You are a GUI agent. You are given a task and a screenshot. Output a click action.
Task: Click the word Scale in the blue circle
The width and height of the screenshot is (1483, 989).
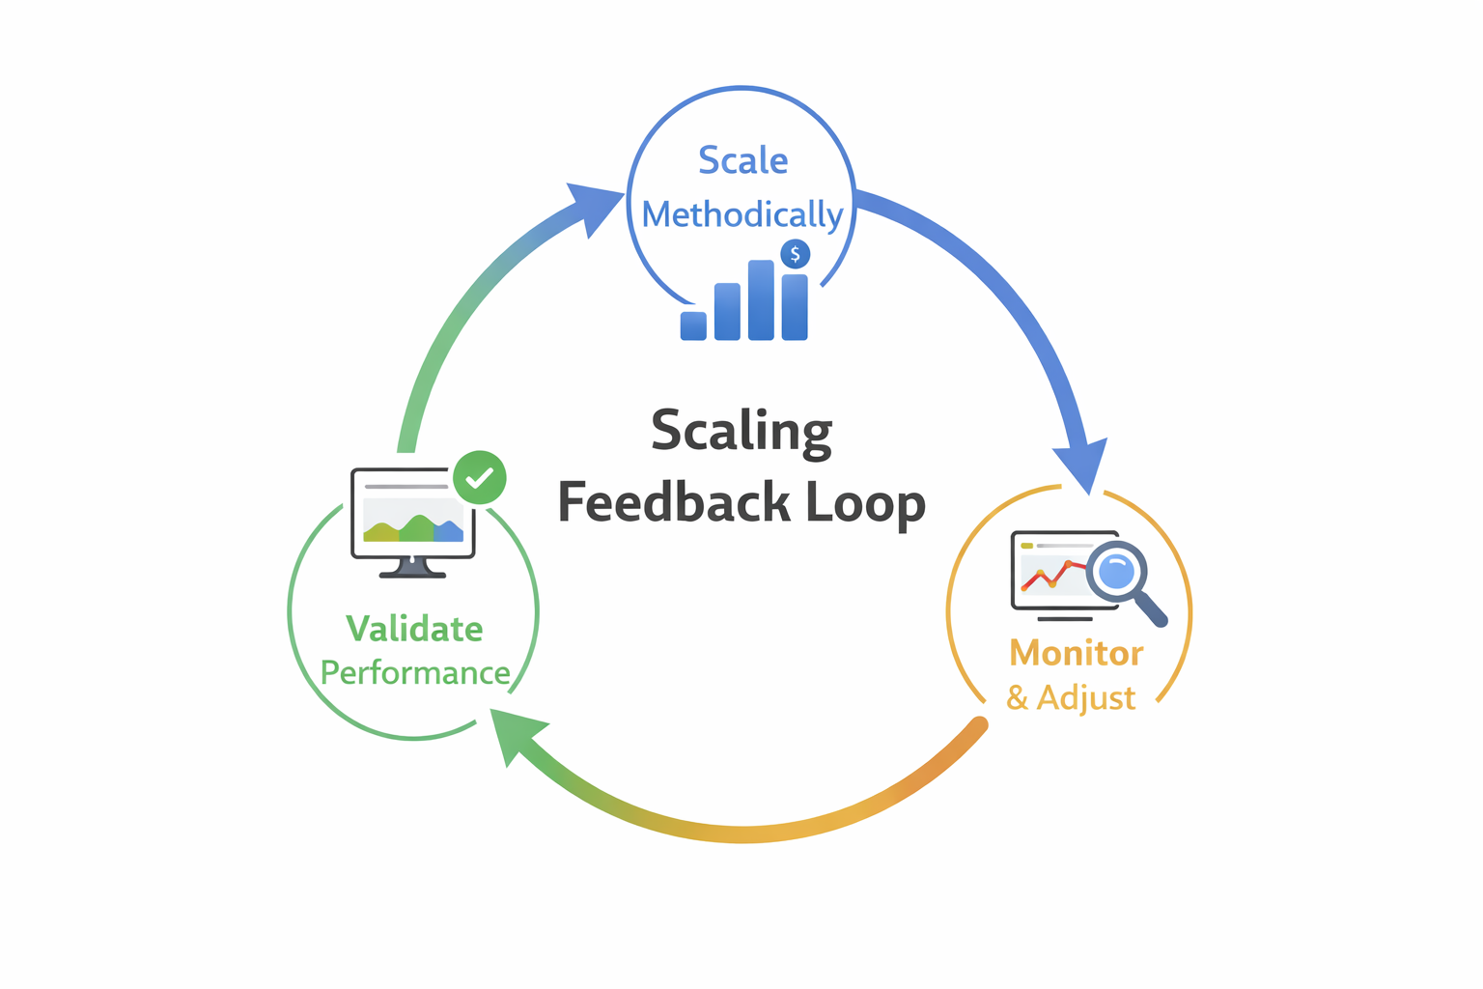[742, 160]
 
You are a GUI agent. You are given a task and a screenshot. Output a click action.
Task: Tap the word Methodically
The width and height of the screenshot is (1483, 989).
[741, 214]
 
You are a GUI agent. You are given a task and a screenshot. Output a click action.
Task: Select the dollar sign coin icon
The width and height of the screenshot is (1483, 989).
[795, 254]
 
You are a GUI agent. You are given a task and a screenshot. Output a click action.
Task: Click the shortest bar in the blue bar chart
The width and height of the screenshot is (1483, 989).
[693, 325]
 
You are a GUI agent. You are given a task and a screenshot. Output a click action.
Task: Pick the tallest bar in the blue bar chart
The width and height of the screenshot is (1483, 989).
[761, 300]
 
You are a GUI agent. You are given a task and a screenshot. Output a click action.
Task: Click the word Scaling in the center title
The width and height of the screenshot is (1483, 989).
[741, 431]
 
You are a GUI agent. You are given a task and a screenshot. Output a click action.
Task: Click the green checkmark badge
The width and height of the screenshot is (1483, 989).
[480, 477]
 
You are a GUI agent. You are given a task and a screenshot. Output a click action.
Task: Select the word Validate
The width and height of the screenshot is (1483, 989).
[414, 629]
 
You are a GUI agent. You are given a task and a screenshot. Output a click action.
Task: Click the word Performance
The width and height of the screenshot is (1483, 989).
[414, 672]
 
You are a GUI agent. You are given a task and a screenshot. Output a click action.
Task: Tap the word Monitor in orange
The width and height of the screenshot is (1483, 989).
[1076, 653]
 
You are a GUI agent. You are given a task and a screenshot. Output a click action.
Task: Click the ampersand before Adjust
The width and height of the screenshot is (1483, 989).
[1017, 696]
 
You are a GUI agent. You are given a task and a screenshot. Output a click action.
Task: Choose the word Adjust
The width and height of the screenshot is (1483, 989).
[1086, 697]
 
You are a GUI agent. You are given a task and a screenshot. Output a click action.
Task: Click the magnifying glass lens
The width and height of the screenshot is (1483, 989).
[1116, 572]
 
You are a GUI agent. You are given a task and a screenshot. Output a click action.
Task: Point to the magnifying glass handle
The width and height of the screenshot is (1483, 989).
[1151, 610]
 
